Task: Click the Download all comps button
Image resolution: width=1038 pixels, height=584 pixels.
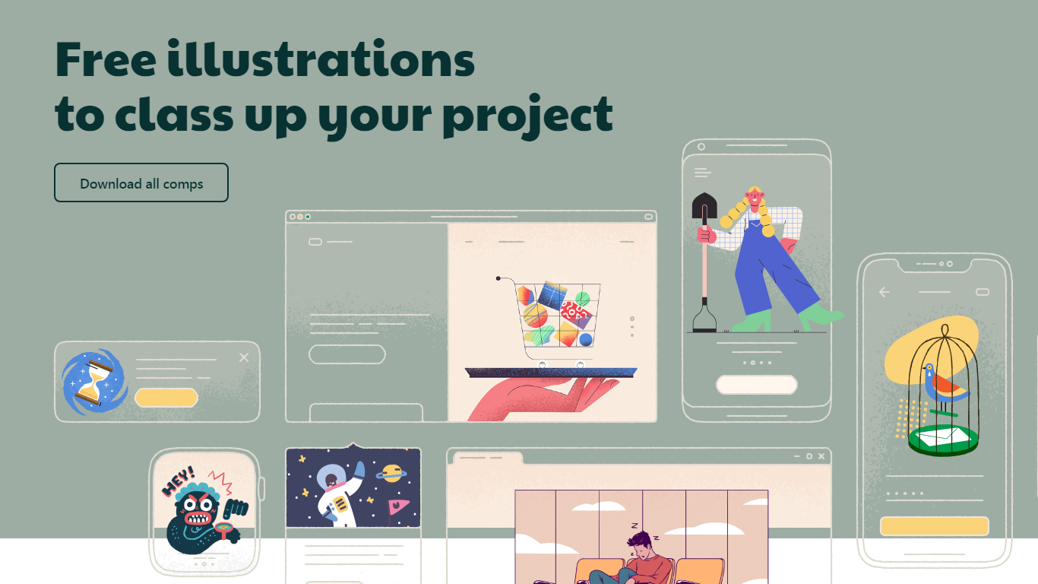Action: point(141,182)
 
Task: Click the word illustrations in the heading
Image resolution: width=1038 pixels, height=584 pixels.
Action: point(321,59)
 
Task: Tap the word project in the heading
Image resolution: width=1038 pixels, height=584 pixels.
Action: point(527,116)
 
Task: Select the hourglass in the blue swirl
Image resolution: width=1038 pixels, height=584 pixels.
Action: point(94,382)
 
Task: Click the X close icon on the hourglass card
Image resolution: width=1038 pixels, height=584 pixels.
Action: point(244,357)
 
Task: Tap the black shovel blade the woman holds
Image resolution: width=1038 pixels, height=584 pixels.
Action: point(704,205)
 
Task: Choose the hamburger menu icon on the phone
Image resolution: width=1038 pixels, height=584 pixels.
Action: point(702,173)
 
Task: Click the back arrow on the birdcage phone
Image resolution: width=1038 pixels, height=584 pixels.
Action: point(885,292)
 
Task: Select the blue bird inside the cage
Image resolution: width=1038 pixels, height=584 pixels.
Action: point(943,384)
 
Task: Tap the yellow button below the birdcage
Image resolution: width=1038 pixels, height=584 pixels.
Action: point(934,526)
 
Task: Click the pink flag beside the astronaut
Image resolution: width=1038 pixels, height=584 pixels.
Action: point(397,507)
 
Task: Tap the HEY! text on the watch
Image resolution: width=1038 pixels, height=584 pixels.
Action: point(179,481)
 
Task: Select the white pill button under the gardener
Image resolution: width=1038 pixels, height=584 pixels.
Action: point(756,385)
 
